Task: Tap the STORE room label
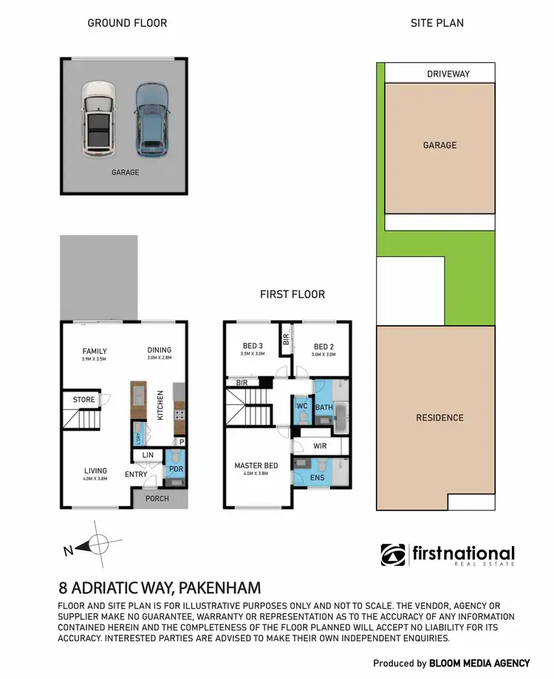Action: (83, 400)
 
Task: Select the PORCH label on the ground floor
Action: (157, 499)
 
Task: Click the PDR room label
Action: (176, 469)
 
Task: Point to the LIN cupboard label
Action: (148, 455)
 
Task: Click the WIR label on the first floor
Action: (320, 446)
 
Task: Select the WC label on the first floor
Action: (301, 406)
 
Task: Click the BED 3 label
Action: (253, 346)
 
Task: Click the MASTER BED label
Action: (256, 465)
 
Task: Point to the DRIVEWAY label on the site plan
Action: (448, 74)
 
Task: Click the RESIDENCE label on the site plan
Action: (440, 417)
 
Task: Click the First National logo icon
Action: (391, 554)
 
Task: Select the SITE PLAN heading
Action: (437, 23)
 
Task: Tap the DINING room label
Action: (159, 350)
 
